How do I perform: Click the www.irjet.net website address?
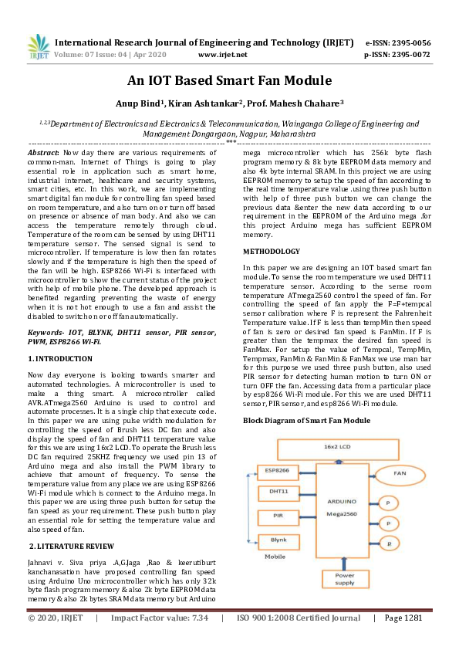(x=223, y=55)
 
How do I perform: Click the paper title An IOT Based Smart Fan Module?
(x=229, y=81)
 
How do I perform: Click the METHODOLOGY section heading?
(x=271, y=252)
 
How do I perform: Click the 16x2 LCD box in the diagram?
(x=341, y=446)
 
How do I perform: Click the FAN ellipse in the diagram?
(x=400, y=472)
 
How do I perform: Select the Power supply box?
(x=344, y=579)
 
